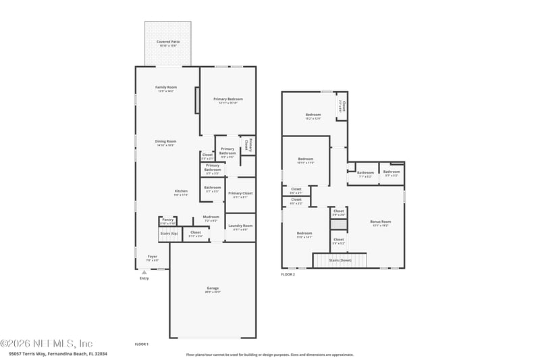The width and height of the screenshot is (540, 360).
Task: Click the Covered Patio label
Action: pyautogui.click(x=167, y=42)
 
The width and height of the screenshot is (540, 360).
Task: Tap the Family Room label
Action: pyautogui.click(x=165, y=88)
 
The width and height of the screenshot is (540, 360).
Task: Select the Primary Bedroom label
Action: pyautogui.click(x=228, y=99)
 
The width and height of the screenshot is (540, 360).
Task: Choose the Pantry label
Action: pyautogui.click(x=167, y=221)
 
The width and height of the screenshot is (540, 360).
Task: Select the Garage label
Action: pyautogui.click(x=213, y=289)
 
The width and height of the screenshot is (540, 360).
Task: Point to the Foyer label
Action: pyautogui.click(x=153, y=257)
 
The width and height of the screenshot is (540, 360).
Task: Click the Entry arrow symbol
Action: pyautogui.click(x=144, y=272)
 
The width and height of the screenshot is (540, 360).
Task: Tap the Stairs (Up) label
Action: pyautogui.click(x=169, y=234)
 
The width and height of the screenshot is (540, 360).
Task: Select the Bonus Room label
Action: pyautogui.click(x=381, y=222)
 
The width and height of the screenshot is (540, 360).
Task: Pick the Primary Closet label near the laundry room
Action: pyautogui.click(x=240, y=194)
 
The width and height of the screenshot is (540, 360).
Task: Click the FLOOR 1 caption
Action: pyautogui.click(x=142, y=344)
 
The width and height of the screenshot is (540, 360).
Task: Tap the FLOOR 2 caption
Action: pyautogui.click(x=288, y=274)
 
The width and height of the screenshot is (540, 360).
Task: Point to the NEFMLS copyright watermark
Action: pyautogui.click(x=47, y=343)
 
